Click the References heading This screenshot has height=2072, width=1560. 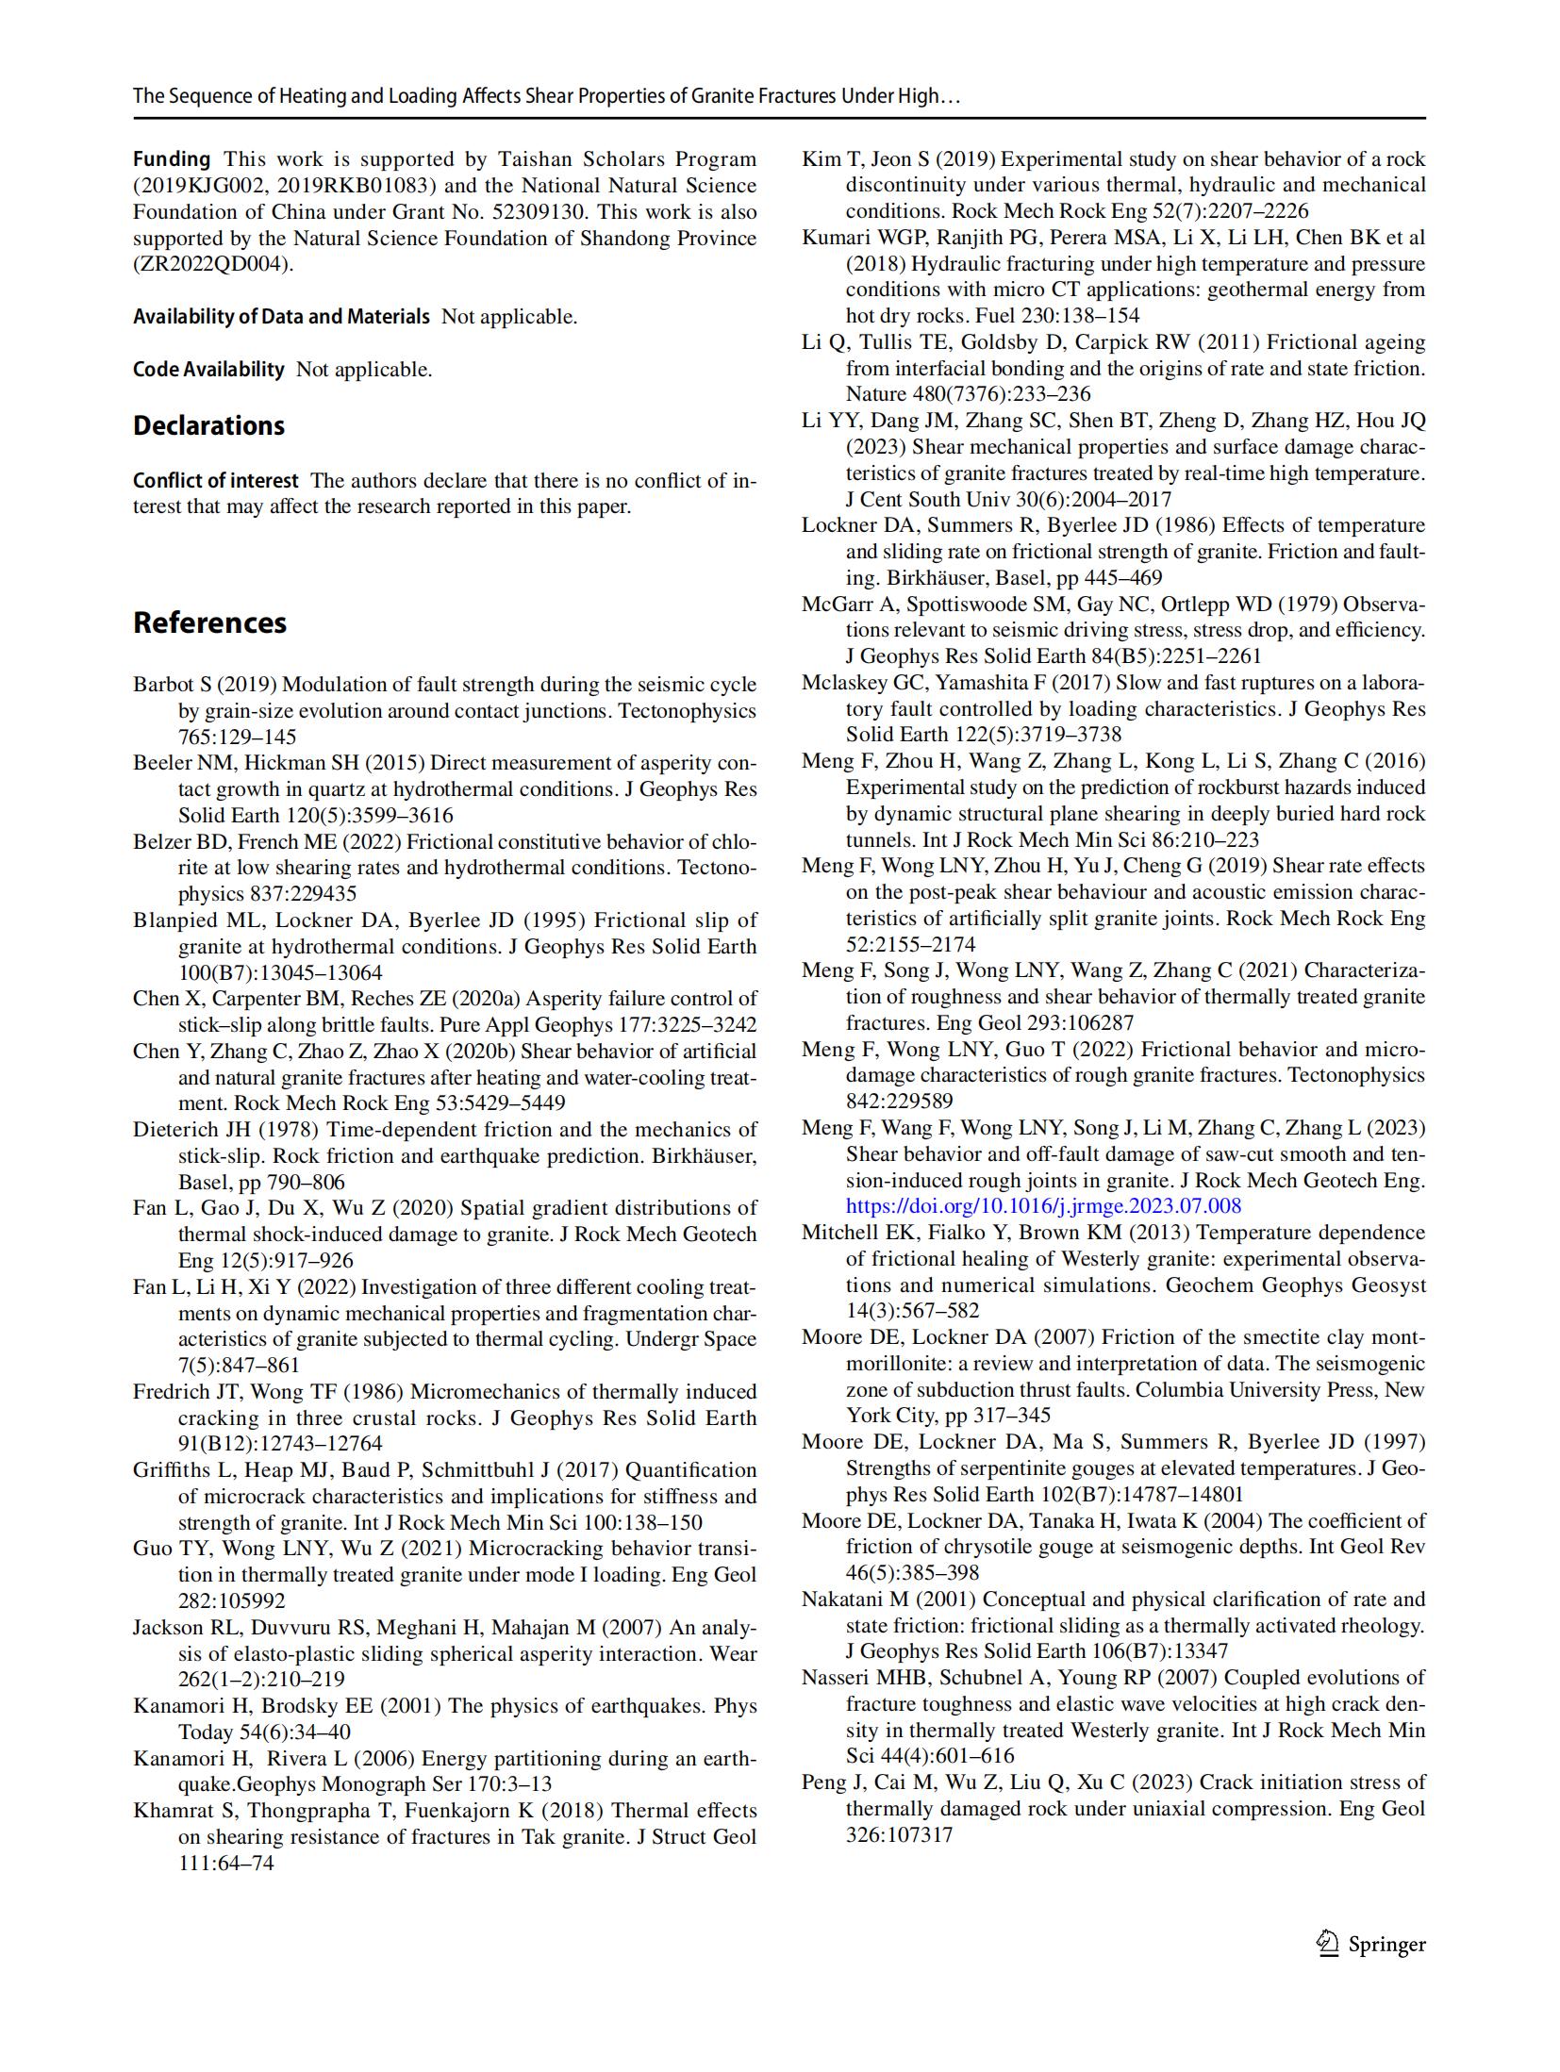click(x=209, y=622)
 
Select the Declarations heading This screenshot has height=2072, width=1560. click(x=208, y=425)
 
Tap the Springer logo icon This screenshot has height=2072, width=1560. click(x=1327, y=1944)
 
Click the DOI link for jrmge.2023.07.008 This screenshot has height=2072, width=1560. click(x=1043, y=1205)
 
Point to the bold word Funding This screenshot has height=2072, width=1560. click(x=171, y=158)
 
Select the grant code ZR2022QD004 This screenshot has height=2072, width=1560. click(x=211, y=264)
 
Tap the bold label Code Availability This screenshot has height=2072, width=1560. click(x=208, y=369)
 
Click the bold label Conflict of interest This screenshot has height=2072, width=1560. click(x=215, y=480)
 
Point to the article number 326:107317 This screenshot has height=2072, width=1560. click(x=899, y=1834)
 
